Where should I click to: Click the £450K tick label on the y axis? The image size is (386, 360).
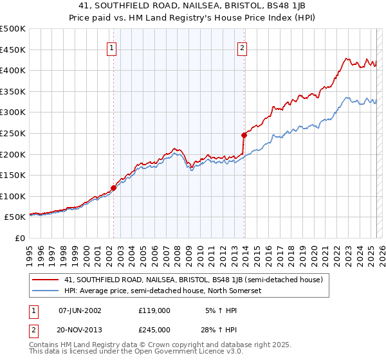click(13, 50)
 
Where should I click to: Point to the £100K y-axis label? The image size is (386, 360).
click(13, 197)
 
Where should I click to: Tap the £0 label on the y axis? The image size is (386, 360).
click(20, 239)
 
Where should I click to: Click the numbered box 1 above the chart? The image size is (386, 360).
click(112, 47)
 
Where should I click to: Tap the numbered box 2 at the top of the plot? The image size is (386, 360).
click(243, 47)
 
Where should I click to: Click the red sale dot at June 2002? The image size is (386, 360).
click(114, 188)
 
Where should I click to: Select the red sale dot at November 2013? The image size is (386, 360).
click(244, 135)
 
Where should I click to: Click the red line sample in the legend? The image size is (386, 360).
click(46, 280)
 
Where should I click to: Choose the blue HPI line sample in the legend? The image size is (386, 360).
click(46, 291)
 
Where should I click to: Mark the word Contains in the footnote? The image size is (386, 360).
click(45, 346)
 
